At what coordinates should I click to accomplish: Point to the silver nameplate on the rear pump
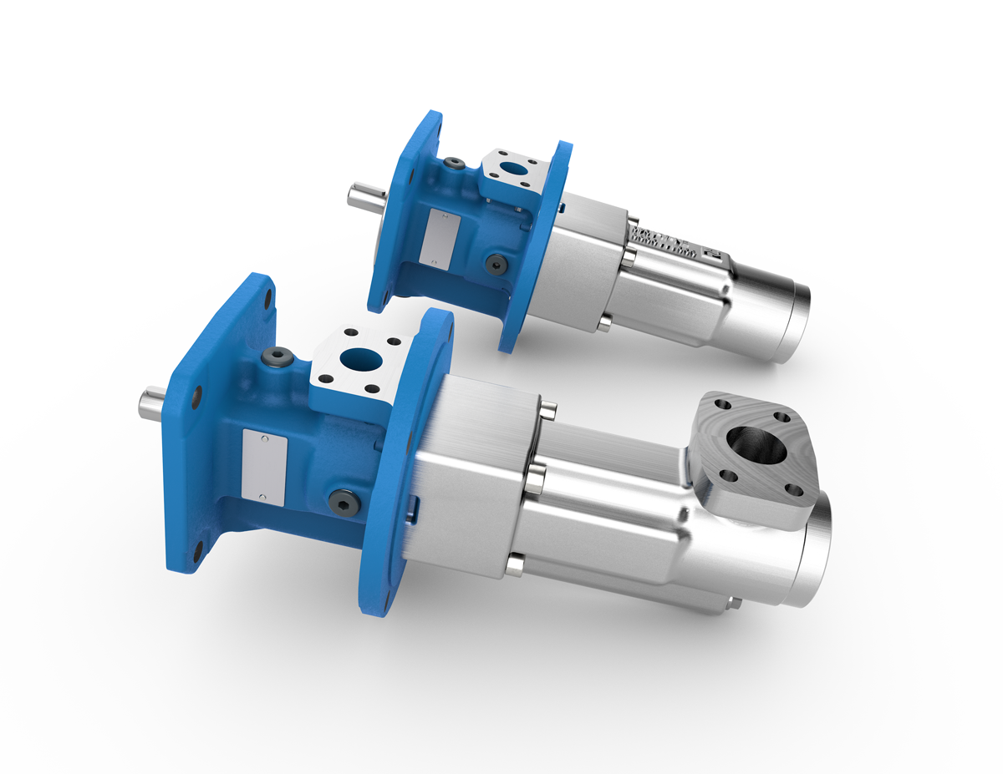click(x=439, y=238)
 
